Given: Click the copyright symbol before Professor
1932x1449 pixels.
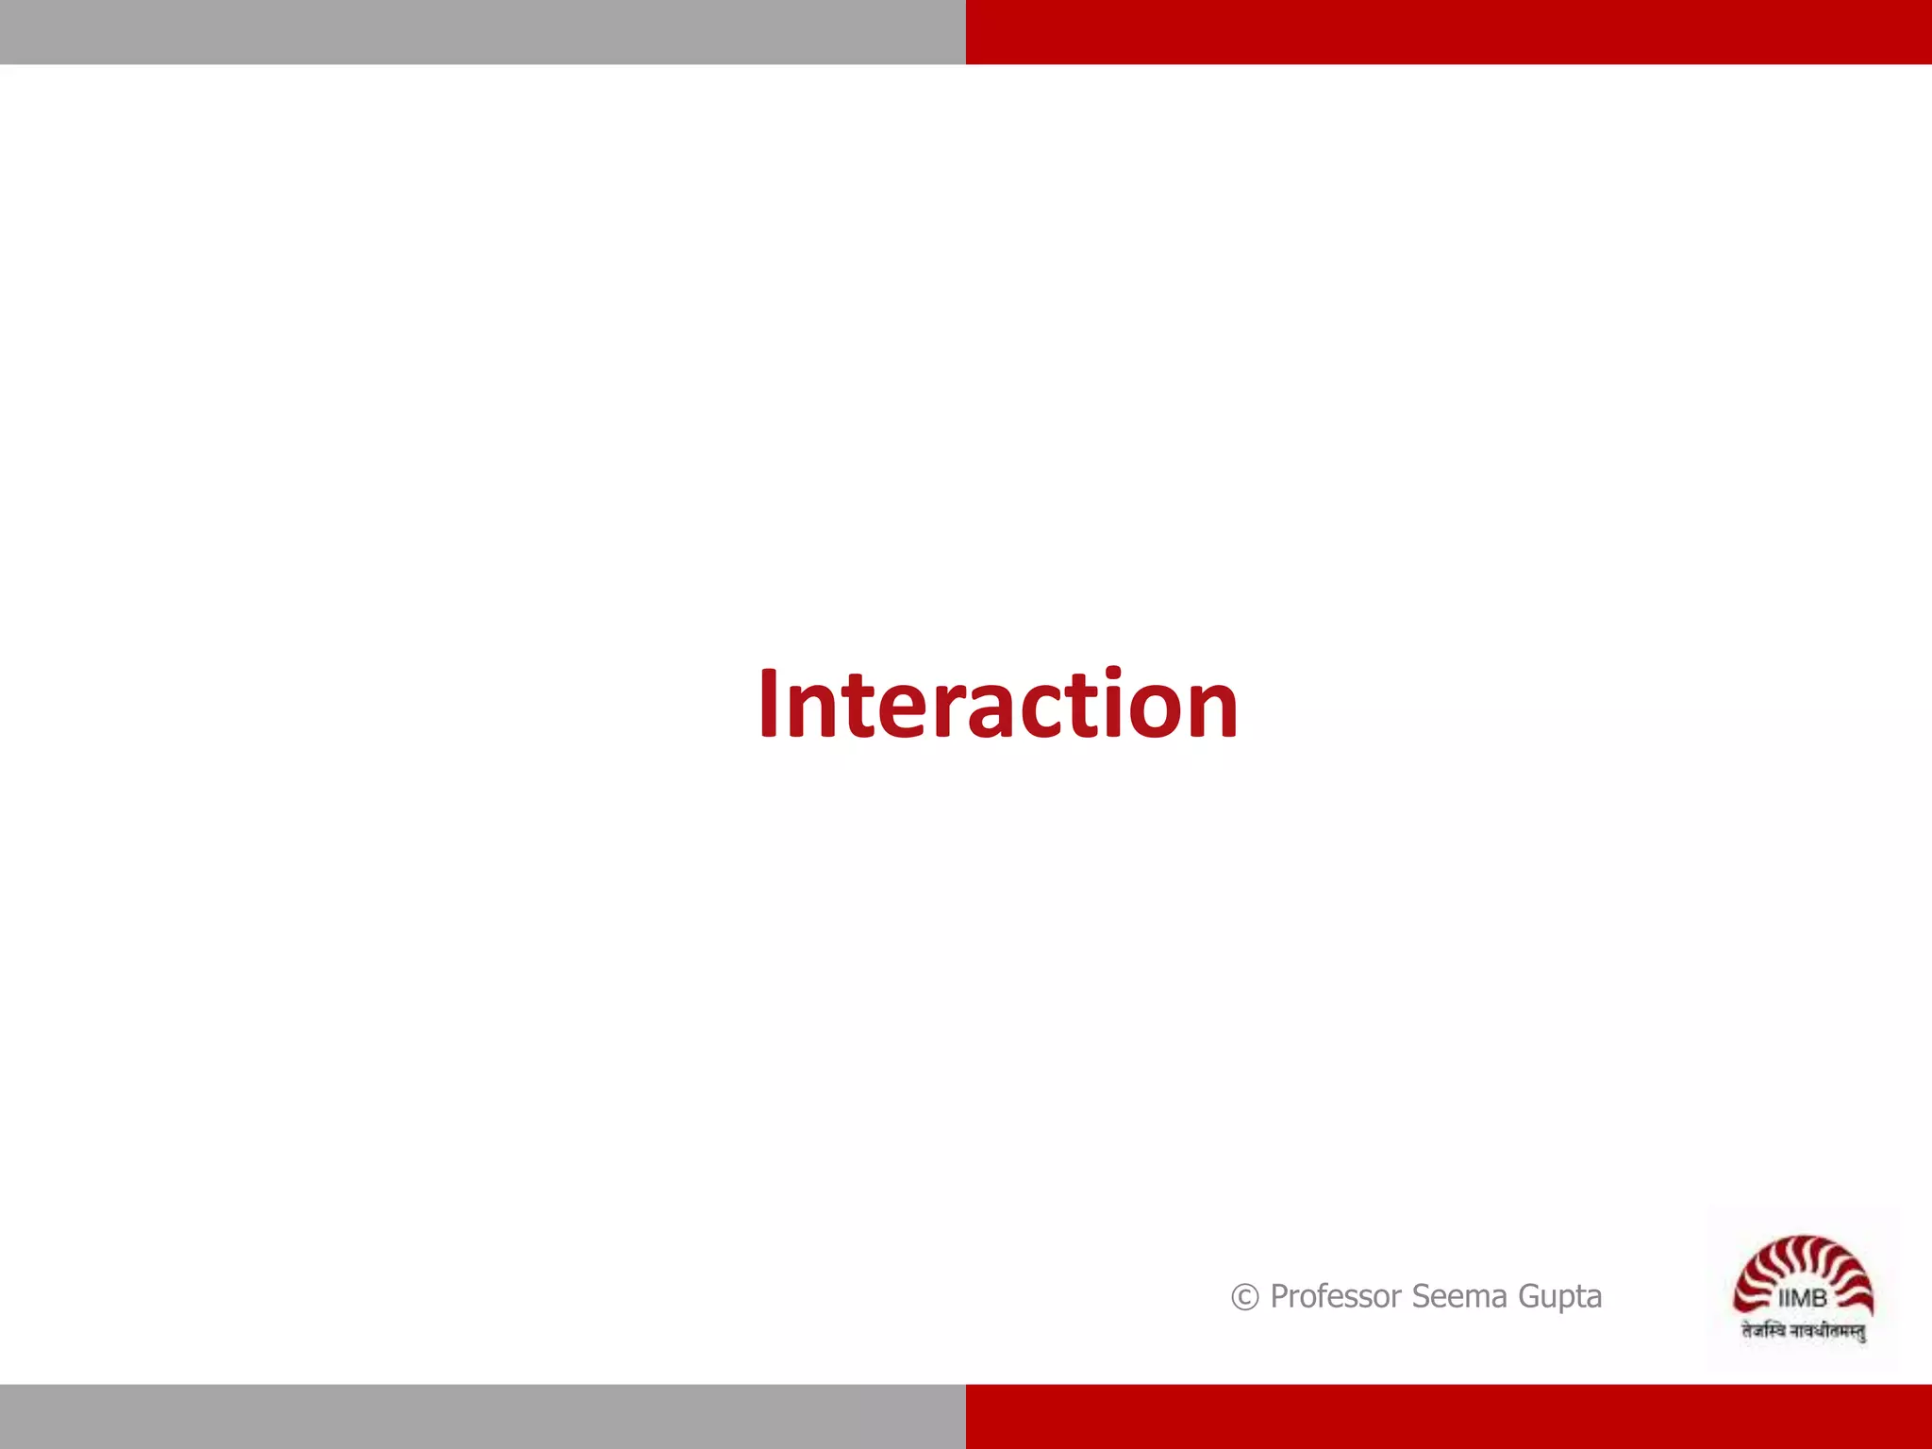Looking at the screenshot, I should (x=1244, y=1298).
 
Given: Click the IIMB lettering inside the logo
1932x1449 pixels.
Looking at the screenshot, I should (x=1802, y=1299).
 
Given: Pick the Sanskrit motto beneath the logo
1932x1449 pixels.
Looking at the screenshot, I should (x=1803, y=1331).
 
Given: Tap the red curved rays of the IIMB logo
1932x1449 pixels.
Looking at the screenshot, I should (x=1803, y=1259).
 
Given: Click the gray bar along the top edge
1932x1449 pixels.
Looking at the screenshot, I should (x=483, y=32).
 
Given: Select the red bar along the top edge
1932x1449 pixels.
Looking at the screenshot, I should (x=1449, y=32).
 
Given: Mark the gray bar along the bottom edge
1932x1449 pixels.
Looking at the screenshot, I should (x=483, y=1416).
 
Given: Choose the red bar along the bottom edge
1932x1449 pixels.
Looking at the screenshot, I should (x=1449, y=1416).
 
